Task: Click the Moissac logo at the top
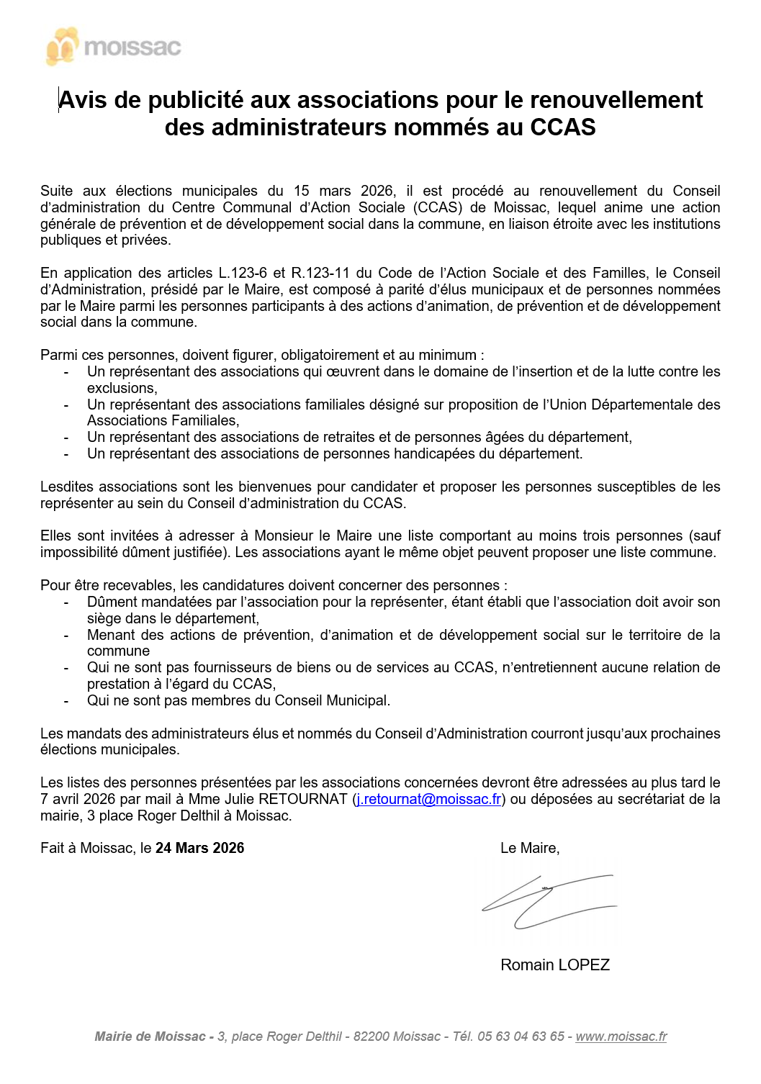point(113,47)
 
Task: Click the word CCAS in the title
point(562,127)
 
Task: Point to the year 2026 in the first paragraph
point(377,191)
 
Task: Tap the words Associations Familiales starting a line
point(162,420)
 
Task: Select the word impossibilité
point(82,552)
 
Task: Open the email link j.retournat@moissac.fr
point(429,799)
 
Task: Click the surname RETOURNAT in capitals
point(302,799)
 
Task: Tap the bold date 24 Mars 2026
point(199,848)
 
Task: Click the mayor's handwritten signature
point(547,901)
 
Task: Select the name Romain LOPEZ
point(554,965)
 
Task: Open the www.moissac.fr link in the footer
point(621,1036)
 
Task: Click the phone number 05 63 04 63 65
point(521,1036)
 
